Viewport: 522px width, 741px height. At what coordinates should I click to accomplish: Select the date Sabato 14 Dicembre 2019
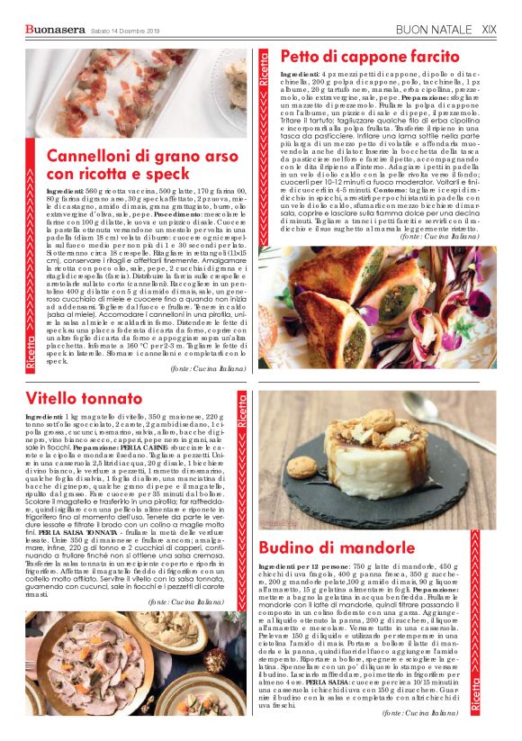pos(125,32)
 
